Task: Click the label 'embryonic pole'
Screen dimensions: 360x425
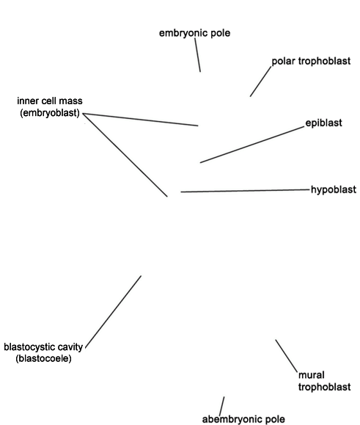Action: (x=194, y=33)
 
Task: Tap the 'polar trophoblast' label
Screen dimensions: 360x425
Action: (x=311, y=61)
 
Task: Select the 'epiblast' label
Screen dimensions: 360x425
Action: (x=324, y=123)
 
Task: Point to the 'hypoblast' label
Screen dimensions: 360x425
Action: (x=334, y=189)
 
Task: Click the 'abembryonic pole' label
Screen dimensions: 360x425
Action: (x=243, y=419)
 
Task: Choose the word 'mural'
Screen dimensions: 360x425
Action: (x=312, y=375)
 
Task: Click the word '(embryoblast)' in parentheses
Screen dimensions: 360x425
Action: (x=50, y=113)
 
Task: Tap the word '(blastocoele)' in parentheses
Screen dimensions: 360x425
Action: (x=43, y=358)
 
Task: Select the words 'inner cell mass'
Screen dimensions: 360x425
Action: (x=50, y=101)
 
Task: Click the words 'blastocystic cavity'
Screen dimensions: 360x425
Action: (x=43, y=347)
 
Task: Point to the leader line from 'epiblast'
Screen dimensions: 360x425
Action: (x=252, y=145)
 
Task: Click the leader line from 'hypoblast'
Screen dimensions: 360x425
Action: (x=245, y=191)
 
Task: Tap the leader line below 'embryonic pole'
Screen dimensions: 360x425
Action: (x=197, y=55)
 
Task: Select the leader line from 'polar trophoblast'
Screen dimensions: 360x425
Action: (x=260, y=81)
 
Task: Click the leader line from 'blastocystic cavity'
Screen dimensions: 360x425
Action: (x=113, y=312)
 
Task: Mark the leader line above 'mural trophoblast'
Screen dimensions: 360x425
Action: (x=287, y=355)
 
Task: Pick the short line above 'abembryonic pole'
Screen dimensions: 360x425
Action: (x=221, y=406)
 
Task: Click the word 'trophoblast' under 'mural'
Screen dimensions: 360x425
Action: (x=325, y=387)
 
